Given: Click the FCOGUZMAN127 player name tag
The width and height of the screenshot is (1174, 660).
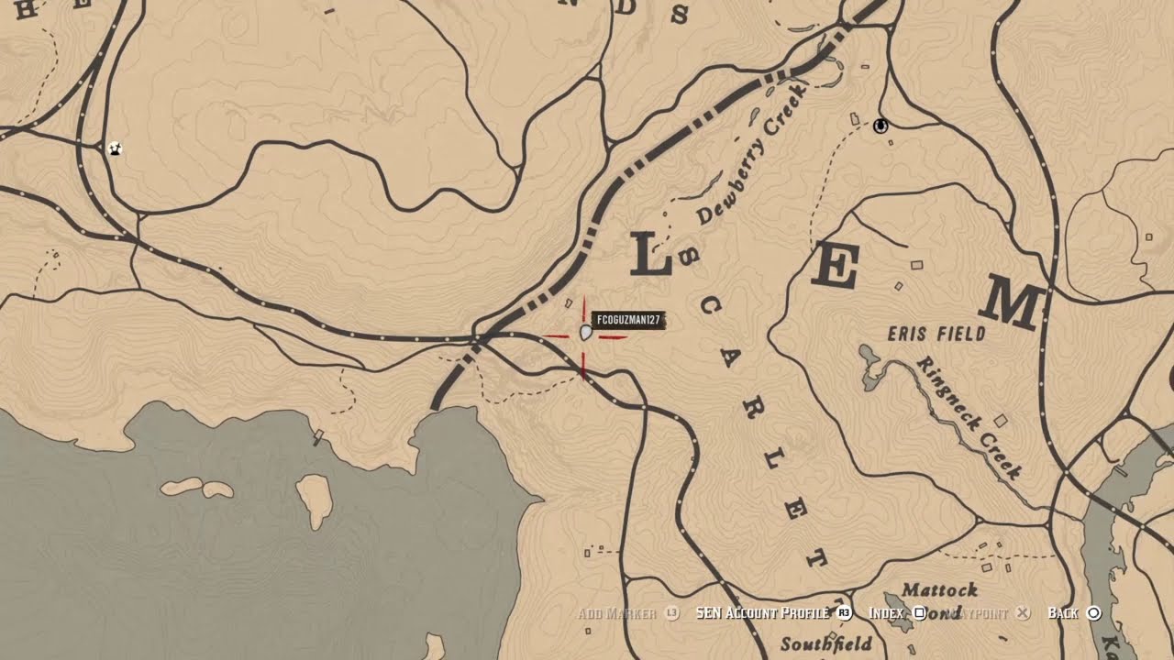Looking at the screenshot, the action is click(628, 320).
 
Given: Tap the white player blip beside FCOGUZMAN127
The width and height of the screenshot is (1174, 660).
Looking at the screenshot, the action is click(586, 333).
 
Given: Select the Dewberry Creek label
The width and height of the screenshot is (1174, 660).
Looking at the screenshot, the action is click(750, 154).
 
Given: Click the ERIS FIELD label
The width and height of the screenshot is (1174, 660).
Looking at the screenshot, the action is click(936, 334).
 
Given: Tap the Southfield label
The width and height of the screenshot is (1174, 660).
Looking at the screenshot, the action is click(826, 643).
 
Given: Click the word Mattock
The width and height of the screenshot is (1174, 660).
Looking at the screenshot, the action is click(940, 589).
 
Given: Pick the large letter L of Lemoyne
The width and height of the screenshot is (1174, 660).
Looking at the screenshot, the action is click(652, 255).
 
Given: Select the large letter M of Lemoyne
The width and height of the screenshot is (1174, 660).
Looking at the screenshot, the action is click(1014, 306).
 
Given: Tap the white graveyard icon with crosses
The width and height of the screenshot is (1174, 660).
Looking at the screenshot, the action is click(115, 148).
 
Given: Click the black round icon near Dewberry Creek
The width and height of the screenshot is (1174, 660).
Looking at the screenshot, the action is click(881, 126).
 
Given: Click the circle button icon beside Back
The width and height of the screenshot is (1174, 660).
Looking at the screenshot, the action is click(1093, 613).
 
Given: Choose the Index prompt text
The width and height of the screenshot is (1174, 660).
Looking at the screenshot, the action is click(886, 612).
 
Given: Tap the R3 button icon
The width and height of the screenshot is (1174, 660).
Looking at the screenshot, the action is click(845, 612).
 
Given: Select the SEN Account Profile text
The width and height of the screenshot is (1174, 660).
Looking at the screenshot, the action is click(762, 612).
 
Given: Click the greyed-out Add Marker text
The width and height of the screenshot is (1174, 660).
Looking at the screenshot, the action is click(616, 612).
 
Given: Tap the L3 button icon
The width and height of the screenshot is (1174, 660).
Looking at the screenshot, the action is click(672, 612).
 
